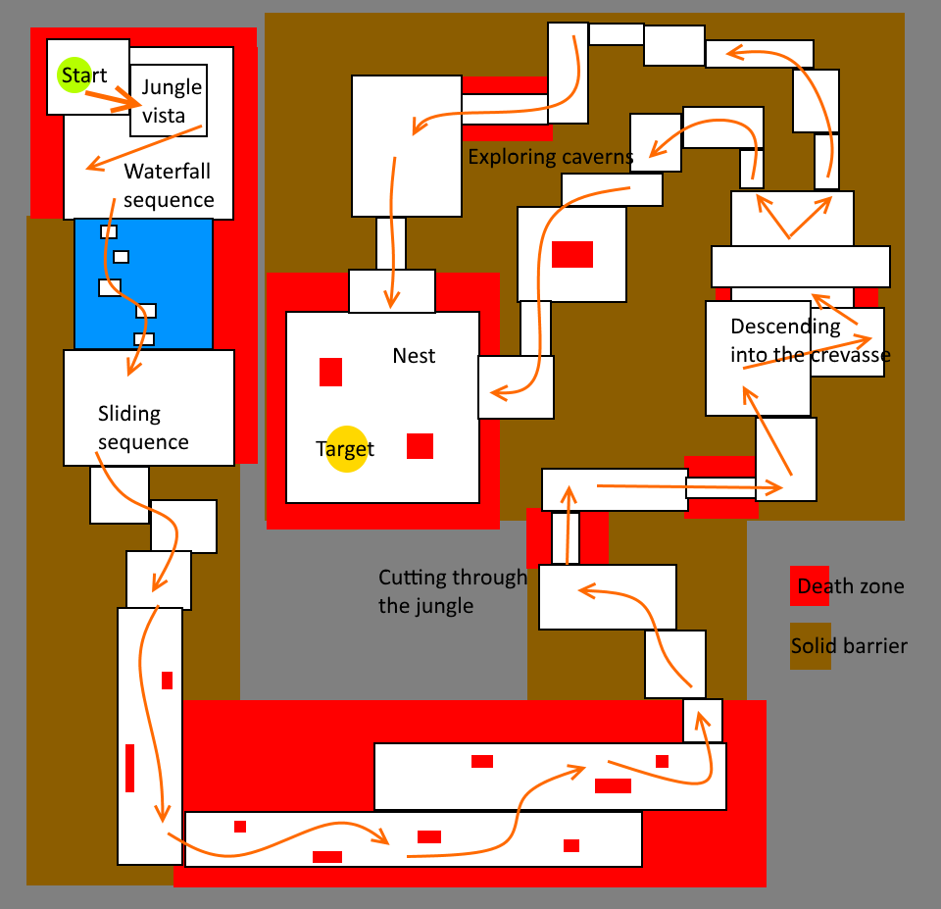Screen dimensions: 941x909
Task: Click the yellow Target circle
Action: click(347, 449)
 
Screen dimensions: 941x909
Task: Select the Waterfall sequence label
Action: click(169, 185)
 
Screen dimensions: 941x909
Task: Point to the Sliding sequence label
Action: click(143, 428)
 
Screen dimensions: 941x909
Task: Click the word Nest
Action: click(414, 355)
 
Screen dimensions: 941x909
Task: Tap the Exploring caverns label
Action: click(550, 157)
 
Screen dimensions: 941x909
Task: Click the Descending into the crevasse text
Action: click(810, 340)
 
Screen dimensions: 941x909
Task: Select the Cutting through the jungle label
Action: click(452, 591)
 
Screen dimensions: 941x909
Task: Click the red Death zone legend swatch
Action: click(810, 586)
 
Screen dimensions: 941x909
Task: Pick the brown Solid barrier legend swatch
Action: click(811, 646)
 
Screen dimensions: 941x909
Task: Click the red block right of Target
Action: click(420, 446)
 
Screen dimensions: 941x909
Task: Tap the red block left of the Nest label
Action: click(330, 373)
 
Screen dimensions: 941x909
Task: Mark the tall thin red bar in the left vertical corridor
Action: click(129, 768)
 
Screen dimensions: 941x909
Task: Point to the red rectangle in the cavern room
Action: click(572, 254)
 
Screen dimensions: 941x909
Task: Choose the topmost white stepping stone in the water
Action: click(108, 231)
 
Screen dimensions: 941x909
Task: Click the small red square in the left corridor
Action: click(167, 681)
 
